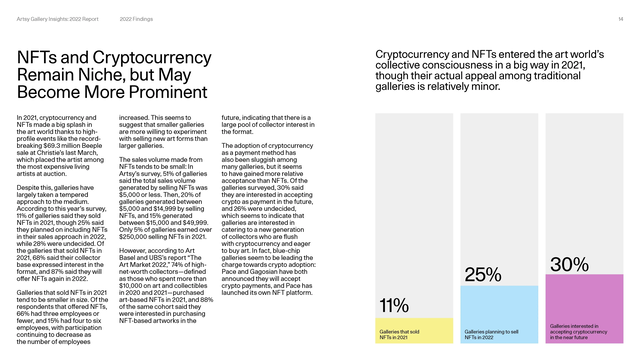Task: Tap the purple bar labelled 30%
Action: (580, 300)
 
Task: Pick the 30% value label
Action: (568, 263)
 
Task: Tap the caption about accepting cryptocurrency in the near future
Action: (575, 331)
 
